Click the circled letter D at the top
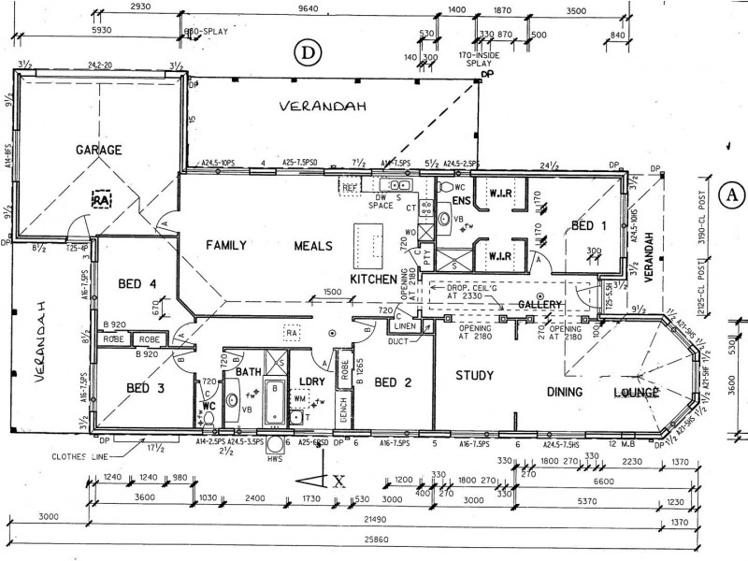click(x=306, y=52)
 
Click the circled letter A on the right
click(x=732, y=194)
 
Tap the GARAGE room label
click(x=99, y=150)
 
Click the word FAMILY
click(x=225, y=246)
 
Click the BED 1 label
click(x=590, y=224)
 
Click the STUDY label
click(x=474, y=376)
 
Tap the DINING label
click(x=566, y=392)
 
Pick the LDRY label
click(x=310, y=381)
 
